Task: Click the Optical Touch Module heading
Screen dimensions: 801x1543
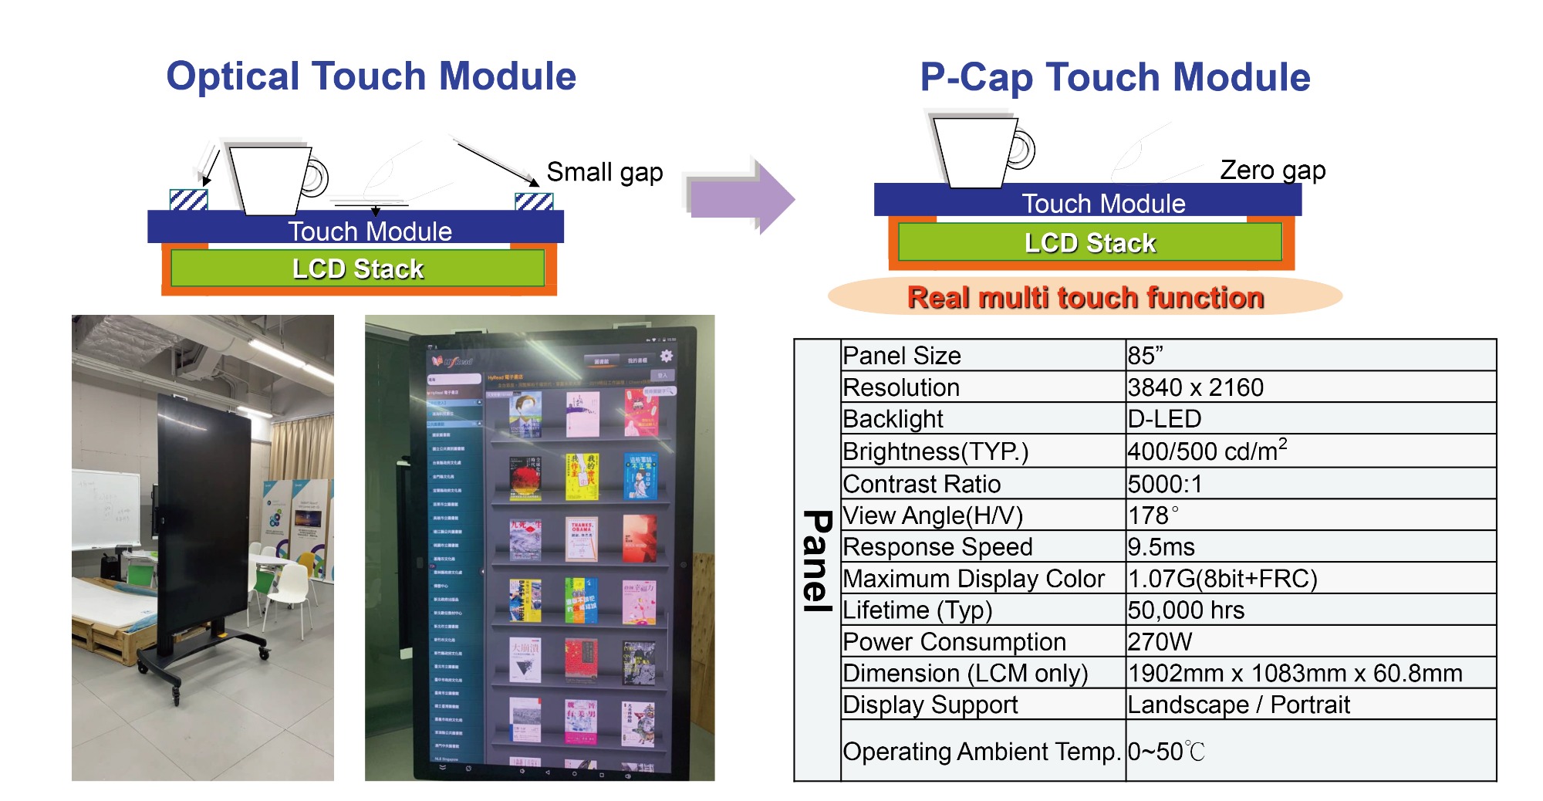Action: [x=371, y=76]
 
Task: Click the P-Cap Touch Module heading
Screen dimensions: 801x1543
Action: [x=1114, y=78]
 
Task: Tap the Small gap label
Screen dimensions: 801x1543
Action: [x=604, y=172]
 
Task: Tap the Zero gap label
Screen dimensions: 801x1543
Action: [x=1272, y=170]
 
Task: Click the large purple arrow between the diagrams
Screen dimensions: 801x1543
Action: [x=741, y=198]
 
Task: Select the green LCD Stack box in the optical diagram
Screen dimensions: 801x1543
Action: [x=357, y=269]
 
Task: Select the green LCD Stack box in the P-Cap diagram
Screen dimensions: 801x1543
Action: [x=1089, y=243]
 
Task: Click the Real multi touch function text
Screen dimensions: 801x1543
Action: [x=1085, y=298]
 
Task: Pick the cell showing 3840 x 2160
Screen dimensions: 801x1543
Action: [x=1195, y=387]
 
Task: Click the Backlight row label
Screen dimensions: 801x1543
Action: [x=893, y=419]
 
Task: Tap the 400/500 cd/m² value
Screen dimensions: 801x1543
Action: [x=1207, y=451]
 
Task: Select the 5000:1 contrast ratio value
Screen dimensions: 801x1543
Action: [x=1164, y=484]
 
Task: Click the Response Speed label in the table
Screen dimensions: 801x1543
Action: [x=937, y=547]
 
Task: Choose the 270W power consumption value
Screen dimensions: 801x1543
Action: [x=1160, y=642]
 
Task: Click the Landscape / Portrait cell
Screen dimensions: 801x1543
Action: [x=1237, y=705]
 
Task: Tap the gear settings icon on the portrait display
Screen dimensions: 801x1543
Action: [x=666, y=356]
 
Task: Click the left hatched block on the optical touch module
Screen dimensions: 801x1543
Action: [x=188, y=201]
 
